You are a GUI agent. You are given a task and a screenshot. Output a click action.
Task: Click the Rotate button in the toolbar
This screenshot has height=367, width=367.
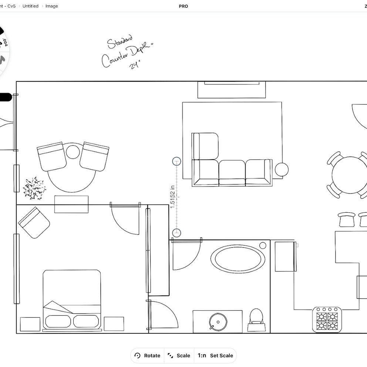148,356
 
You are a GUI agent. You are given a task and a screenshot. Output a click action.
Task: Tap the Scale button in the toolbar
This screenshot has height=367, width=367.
179,356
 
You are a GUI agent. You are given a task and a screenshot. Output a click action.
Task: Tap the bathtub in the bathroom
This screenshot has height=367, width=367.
238,259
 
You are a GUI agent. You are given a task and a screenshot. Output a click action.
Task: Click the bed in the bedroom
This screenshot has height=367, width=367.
72,300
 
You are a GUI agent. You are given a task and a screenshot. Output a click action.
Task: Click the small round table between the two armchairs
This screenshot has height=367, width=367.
73,152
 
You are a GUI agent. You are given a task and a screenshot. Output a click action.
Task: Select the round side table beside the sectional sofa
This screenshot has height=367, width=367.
282,169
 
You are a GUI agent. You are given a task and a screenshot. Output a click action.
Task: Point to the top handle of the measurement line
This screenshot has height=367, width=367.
177,161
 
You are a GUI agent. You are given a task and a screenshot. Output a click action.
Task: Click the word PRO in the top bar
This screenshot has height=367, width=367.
183,6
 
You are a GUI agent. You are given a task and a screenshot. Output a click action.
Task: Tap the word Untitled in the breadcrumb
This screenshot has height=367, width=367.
30,6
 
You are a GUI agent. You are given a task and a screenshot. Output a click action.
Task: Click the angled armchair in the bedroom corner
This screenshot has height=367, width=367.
34,222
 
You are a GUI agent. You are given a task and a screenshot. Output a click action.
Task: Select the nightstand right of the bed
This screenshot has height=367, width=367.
114,324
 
